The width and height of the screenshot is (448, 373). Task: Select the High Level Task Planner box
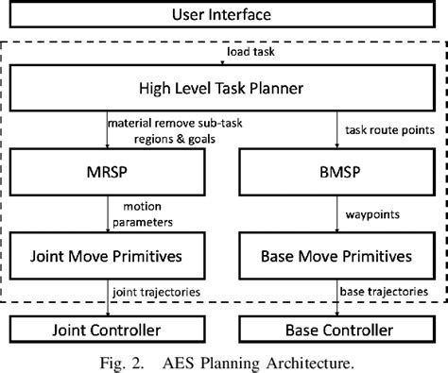coord(223,91)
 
